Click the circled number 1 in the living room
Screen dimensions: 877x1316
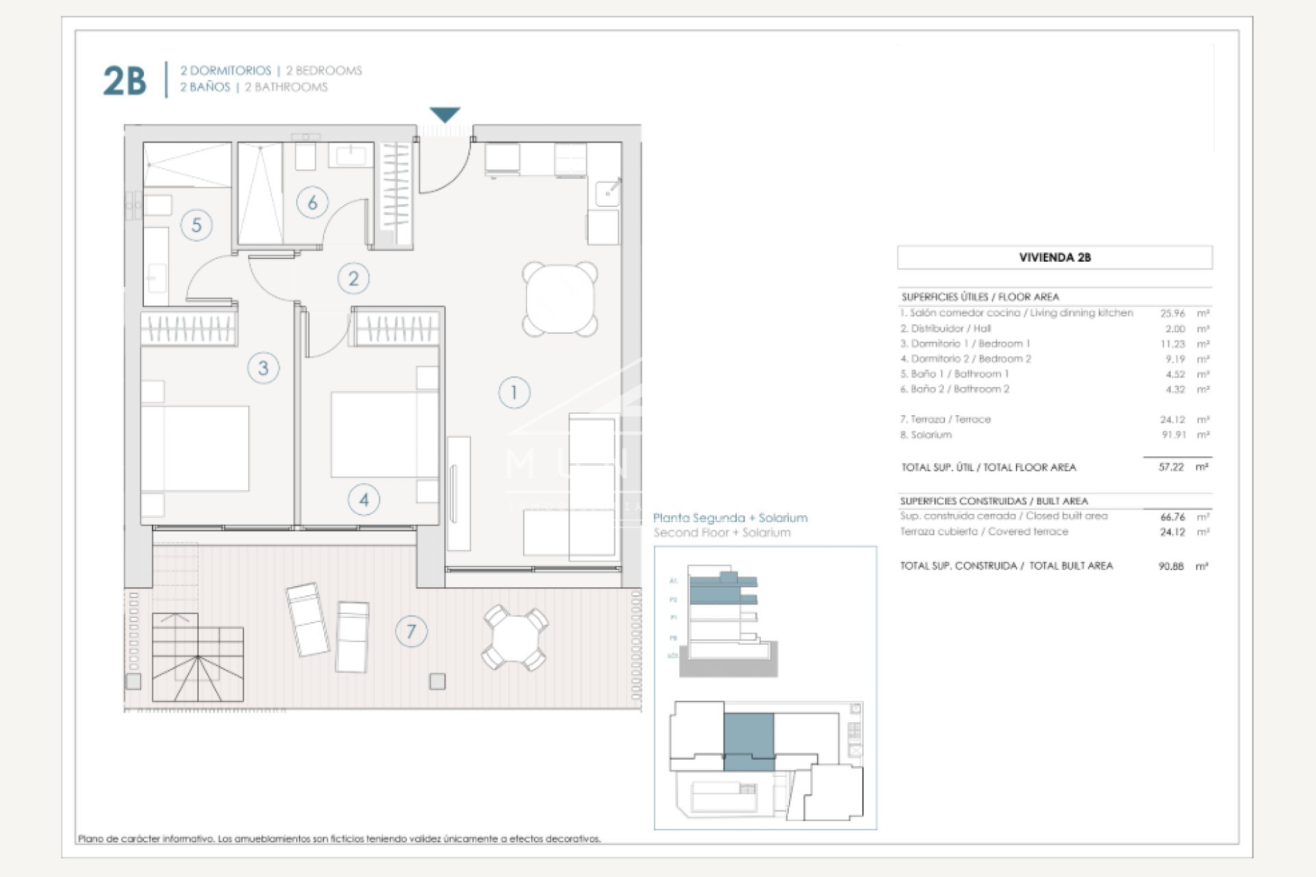pyautogui.click(x=514, y=393)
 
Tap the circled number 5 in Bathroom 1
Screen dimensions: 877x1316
pyautogui.click(x=197, y=225)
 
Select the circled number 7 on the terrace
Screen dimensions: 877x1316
pyautogui.click(x=411, y=631)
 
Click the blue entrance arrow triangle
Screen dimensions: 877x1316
pyautogui.click(x=445, y=114)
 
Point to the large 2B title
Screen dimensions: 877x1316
pyautogui.click(x=125, y=81)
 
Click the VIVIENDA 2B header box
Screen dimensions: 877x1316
pyautogui.click(x=1054, y=258)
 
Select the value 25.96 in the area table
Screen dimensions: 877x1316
pyautogui.click(x=1172, y=313)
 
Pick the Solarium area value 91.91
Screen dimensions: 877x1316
pyautogui.click(x=1172, y=435)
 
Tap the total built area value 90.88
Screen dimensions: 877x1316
pyautogui.click(x=1171, y=566)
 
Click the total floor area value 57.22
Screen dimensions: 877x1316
pyautogui.click(x=1171, y=467)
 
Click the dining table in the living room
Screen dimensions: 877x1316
pyautogui.click(x=560, y=299)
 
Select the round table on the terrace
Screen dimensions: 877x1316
pyautogui.click(x=515, y=638)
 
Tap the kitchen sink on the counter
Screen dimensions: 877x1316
pyautogui.click(x=607, y=193)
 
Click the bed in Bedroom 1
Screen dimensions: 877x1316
pyautogui.click(x=196, y=448)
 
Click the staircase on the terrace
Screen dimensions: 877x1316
pyautogui.click(x=197, y=658)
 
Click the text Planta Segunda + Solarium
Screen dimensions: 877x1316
pyautogui.click(x=730, y=518)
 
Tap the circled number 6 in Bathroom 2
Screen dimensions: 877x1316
pyautogui.click(x=313, y=203)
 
